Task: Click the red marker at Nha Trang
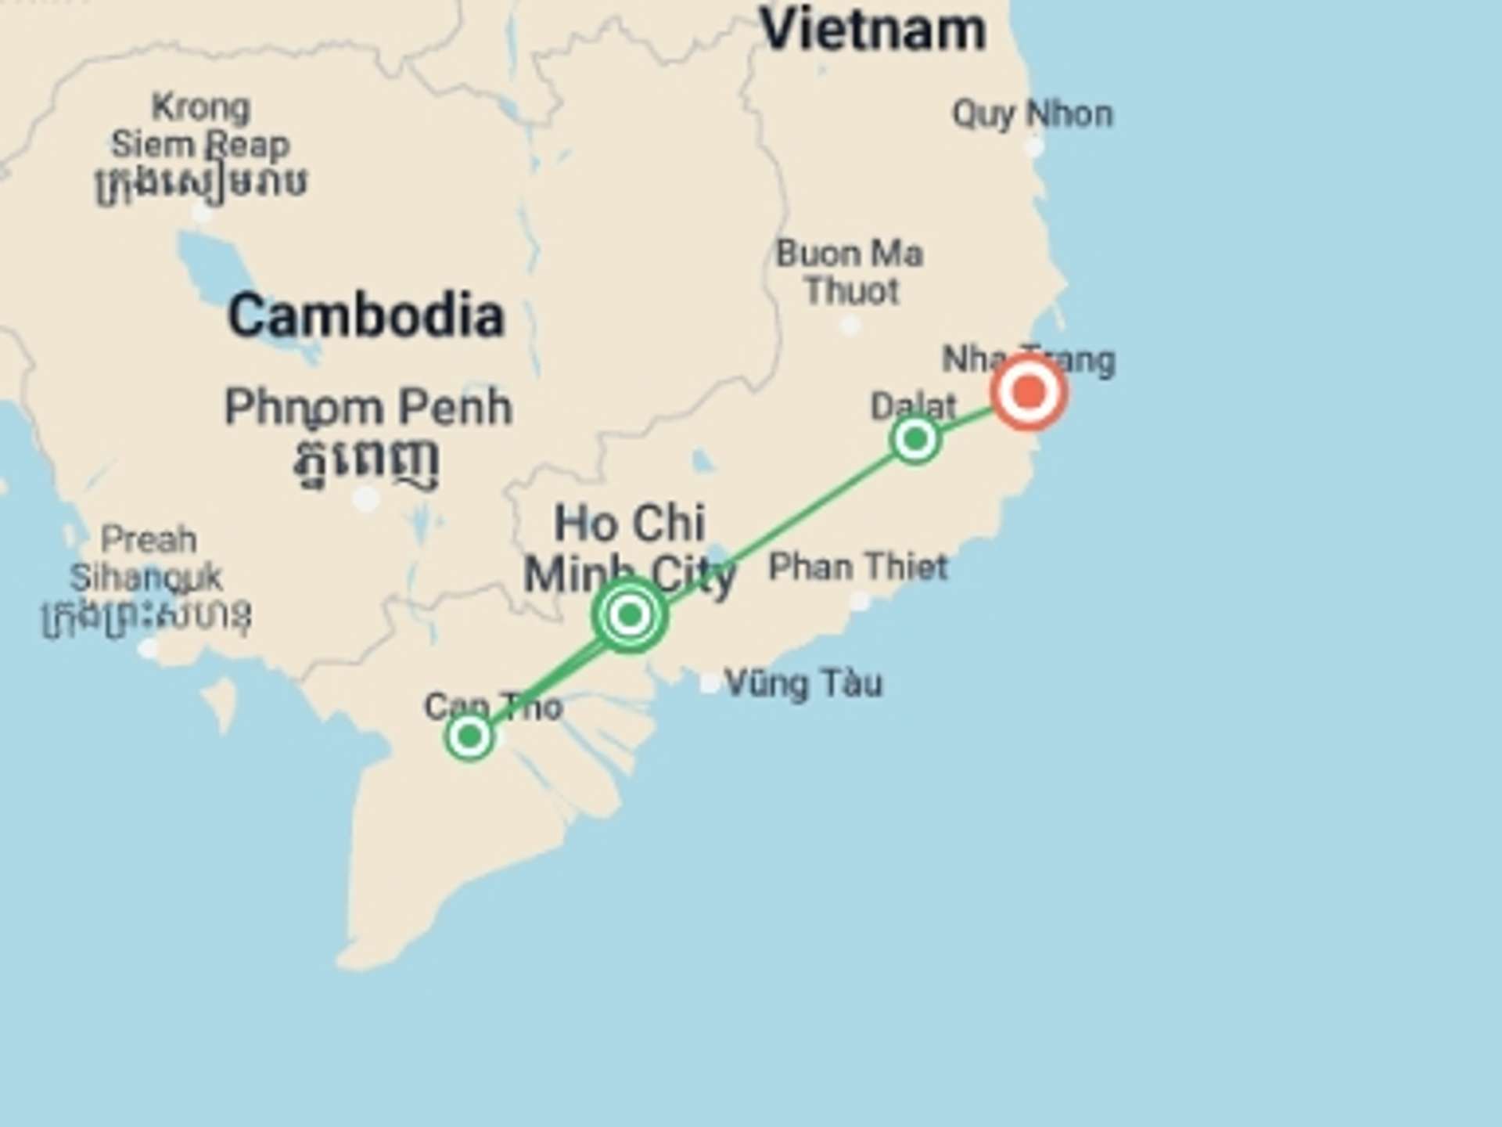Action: coord(1029,391)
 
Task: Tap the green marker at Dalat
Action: coord(915,439)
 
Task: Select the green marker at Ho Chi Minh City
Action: coord(630,615)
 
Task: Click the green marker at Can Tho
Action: coord(469,736)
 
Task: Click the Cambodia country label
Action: coord(366,315)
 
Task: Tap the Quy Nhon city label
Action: coord(1032,114)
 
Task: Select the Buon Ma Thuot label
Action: coord(850,272)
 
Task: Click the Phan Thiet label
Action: coord(858,567)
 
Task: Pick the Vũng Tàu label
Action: coord(803,683)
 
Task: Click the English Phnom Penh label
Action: coord(368,408)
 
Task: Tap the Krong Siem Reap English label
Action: coord(200,126)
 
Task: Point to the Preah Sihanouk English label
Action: coord(146,559)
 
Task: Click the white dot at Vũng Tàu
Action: coord(709,683)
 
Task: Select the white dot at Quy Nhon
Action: coord(1033,146)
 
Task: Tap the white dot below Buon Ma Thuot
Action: coord(850,325)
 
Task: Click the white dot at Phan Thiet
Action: coord(859,601)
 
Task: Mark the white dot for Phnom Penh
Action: coord(365,499)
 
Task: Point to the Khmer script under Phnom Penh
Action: coord(366,462)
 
